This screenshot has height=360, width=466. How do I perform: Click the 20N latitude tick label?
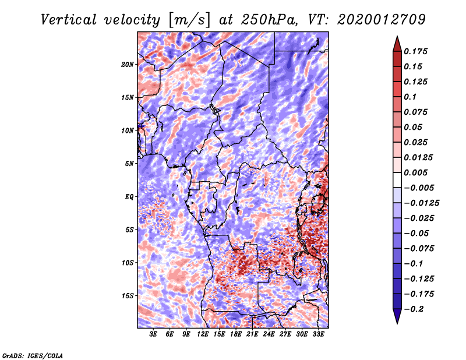(x=128, y=64)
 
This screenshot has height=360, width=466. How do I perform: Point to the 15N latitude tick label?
(x=128, y=97)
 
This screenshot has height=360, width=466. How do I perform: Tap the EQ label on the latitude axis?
(x=130, y=196)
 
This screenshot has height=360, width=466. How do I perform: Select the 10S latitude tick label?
(x=128, y=263)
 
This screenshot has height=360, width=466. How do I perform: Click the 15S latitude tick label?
(x=128, y=296)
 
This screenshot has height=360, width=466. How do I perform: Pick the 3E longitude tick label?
(x=154, y=335)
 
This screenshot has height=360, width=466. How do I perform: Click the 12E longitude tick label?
(x=203, y=335)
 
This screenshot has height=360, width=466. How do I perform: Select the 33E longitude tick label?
(x=318, y=335)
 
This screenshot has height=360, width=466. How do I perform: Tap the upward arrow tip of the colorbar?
(x=397, y=37)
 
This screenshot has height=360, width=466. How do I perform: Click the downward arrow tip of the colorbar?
(x=397, y=322)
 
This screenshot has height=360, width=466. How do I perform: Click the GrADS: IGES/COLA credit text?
(x=33, y=355)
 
